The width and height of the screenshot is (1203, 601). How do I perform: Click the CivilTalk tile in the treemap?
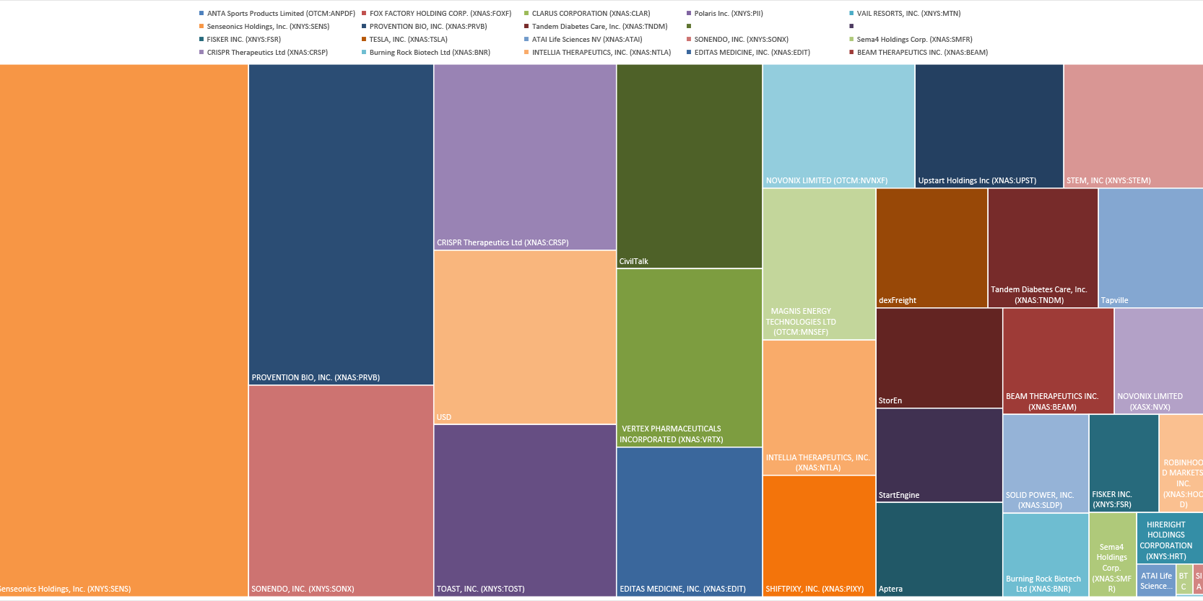click(x=689, y=166)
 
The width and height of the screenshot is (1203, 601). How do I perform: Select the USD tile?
click(x=525, y=337)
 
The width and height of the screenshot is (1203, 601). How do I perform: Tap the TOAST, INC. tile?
click(x=525, y=510)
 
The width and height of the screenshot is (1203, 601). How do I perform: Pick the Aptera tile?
click(x=939, y=549)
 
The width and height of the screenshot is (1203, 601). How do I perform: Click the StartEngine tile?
click(x=939, y=455)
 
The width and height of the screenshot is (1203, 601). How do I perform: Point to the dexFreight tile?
click(x=931, y=247)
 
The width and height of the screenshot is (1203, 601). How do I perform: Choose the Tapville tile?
click(x=1150, y=247)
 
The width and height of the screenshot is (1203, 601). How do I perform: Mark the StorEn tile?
click(x=939, y=358)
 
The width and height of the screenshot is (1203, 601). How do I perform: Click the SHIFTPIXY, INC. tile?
click(x=819, y=535)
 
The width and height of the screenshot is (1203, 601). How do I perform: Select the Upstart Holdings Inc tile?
click(x=989, y=126)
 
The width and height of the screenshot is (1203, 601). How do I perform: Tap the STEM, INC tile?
click(x=1133, y=126)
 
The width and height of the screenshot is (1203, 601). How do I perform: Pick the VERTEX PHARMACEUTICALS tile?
click(x=689, y=357)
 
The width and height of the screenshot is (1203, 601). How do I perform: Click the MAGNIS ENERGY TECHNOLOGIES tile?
click(x=819, y=263)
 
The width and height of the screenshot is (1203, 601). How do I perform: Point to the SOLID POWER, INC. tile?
click(x=1045, y=463)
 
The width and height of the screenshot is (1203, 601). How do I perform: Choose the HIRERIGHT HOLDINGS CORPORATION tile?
click(x=1169, y=538)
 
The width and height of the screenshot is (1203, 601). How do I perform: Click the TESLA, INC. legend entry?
click(x=408, y=40)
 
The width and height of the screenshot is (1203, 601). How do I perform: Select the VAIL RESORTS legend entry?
click(x=908, y=14)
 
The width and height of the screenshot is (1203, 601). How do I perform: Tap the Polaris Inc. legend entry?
click(x=728, y=14)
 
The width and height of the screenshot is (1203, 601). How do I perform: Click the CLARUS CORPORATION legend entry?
click(x=590, y=14)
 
